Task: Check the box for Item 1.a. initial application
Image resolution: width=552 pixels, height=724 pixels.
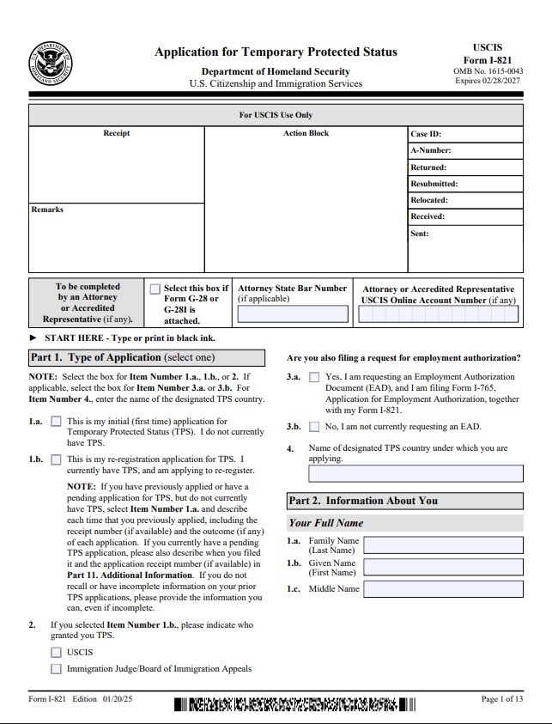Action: coord(57,422)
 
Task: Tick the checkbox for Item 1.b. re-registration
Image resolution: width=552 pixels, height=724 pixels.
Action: coord(57,459)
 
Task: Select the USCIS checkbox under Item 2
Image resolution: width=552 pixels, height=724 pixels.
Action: coord(57,652)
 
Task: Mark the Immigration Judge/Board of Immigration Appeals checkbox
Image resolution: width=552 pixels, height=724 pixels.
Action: coord(57,669)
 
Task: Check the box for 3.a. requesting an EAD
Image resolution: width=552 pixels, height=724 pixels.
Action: coord(315,377)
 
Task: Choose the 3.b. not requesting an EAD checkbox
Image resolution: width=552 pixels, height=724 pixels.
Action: coord(315,427)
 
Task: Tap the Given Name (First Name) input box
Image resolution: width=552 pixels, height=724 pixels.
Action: coord(443,568)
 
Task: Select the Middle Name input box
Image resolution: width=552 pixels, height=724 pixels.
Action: coord(443,589)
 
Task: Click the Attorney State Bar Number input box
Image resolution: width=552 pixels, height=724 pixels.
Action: coord(293,314)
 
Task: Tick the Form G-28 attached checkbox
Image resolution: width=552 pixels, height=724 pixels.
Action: coord(155,289)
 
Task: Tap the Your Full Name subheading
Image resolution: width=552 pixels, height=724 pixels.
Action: coord(326,522)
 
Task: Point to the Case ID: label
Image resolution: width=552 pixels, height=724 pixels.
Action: coord(426,134)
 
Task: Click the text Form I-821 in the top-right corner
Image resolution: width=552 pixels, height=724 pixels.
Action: coord(500,59)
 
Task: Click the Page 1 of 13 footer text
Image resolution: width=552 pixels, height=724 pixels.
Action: coord(501,699)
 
